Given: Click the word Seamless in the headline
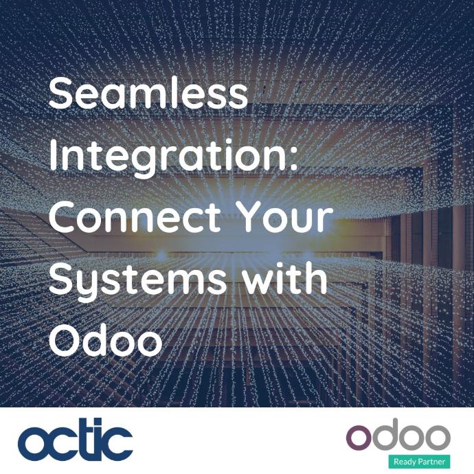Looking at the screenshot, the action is coord(148,93).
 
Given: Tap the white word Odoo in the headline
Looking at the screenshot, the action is coord(106,340).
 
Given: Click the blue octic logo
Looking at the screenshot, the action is coord(76,439).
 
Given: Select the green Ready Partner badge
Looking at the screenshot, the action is coord(419,462).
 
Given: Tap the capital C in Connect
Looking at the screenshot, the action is coord(62,216).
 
